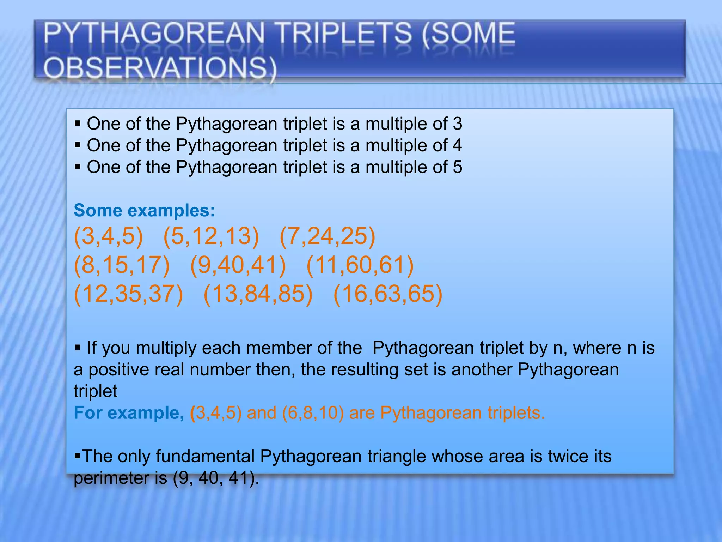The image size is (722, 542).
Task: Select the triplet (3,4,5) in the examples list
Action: [108, 236]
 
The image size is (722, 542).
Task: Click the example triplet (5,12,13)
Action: [211, 236]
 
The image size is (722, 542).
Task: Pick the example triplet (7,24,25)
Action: [327, 236]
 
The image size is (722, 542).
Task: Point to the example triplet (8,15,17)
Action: [122, 265]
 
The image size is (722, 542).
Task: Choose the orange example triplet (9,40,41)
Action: [238, 265]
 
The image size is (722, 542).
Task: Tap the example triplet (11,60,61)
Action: [360, 265]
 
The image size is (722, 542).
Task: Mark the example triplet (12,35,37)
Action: [128, 294]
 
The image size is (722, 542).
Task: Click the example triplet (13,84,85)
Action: [258, 294]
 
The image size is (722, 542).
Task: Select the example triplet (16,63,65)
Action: [388, 294]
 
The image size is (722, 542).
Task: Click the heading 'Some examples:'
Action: [144, 210]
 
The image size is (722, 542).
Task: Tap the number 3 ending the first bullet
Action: [457, 124]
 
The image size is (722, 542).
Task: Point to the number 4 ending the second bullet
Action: [457, 145]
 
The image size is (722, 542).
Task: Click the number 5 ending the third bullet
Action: [457, 167]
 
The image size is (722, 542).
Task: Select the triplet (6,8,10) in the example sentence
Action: [313, 413]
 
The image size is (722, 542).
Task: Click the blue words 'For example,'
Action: [129, 413]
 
